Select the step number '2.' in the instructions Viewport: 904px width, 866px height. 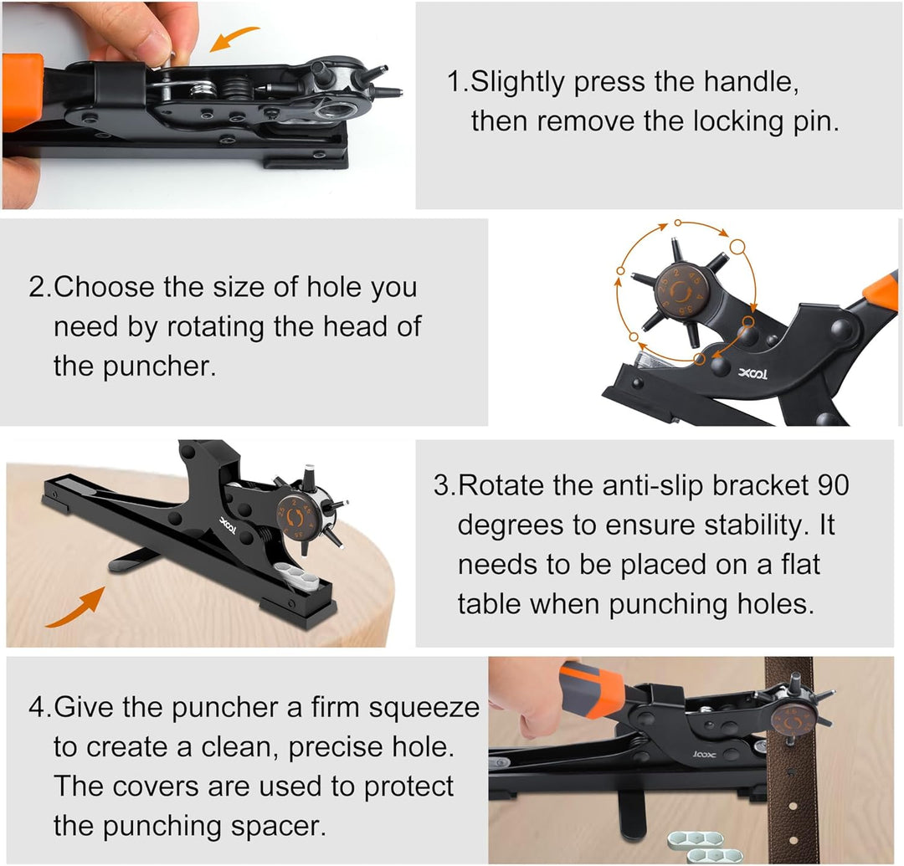(40, 286)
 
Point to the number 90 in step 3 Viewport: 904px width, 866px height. (833, 485)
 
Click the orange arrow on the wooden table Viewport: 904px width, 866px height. (75, 608)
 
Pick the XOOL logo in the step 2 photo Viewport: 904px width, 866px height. (752, 374)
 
